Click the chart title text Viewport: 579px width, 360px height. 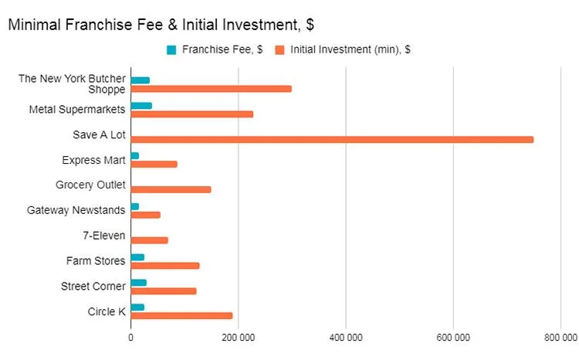(161, 25)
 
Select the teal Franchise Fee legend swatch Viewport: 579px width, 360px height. (171, 50)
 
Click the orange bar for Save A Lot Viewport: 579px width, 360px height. (332, 139)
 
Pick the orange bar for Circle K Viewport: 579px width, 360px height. (181, 315)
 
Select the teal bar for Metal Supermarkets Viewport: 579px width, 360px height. (141, 106)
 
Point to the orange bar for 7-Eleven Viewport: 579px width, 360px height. (149, 240)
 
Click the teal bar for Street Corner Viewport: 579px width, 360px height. (139, 282)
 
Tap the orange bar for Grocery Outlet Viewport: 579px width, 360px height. (171, 189)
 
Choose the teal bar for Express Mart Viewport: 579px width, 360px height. (135, 156)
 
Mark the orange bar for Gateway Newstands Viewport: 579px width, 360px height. (146, 215)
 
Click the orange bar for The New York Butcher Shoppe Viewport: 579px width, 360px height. (212, 88)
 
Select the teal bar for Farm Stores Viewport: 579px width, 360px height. (137, 256)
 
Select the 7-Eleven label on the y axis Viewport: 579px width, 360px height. (103, 236)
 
